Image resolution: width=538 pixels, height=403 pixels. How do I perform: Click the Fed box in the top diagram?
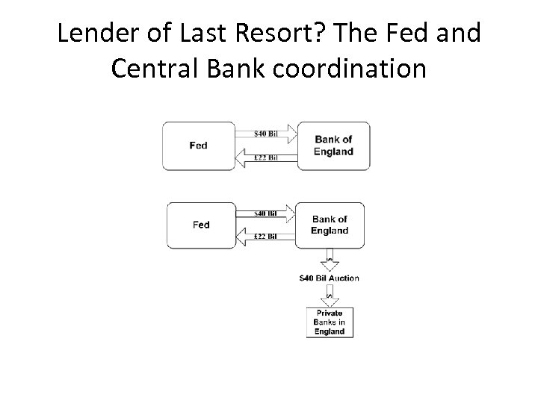[199, 146]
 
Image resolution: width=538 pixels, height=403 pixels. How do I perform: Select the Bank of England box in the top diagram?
[333, 146]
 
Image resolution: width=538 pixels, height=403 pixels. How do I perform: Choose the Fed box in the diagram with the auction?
[201, 225]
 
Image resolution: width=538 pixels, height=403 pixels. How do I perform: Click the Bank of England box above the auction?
[330, 225]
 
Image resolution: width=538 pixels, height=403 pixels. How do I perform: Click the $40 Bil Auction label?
[330, 278]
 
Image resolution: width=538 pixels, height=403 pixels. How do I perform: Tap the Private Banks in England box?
[330, 322]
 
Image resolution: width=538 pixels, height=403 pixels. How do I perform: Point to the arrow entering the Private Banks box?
[330, 297]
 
